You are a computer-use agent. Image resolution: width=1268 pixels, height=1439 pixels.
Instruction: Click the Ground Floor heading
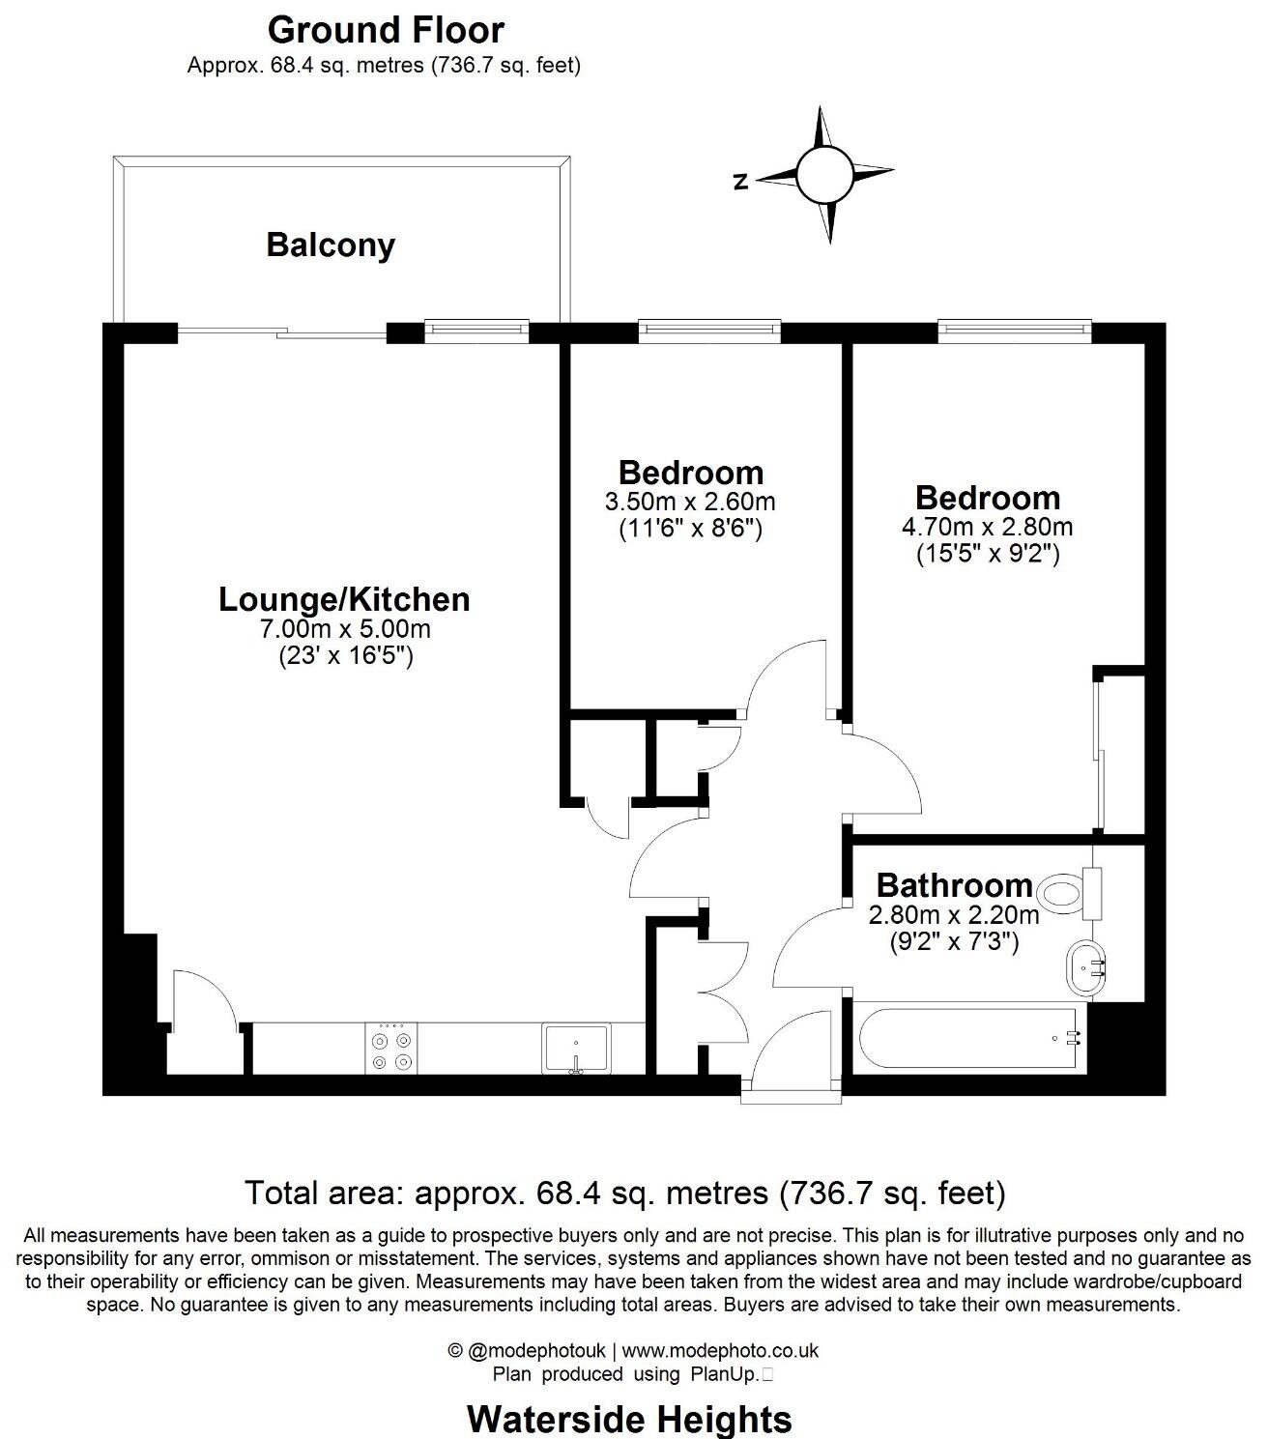386,30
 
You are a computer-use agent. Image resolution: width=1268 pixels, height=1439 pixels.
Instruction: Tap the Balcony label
331,245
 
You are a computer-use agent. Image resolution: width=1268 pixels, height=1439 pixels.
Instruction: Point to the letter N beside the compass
741,181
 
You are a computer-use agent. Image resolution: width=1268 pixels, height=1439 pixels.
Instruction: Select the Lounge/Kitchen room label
344,599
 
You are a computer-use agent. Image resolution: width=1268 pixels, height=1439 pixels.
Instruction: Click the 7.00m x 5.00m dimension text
344,629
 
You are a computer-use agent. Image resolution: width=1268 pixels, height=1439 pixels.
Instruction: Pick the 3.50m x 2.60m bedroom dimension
690,502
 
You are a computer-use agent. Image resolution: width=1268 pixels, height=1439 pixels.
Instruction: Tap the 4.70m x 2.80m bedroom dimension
987,527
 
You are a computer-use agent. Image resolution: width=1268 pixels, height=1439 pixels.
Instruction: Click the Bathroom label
954,884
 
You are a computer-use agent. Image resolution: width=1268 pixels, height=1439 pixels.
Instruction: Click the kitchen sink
576,1048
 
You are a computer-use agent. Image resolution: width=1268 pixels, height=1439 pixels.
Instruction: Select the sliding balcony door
281,334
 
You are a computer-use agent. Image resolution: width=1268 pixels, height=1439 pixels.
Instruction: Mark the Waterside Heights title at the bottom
629,1419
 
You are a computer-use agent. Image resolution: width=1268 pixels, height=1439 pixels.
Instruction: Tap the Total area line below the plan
624,1193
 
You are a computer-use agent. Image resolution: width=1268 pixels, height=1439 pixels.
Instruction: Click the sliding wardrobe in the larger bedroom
1100,754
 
